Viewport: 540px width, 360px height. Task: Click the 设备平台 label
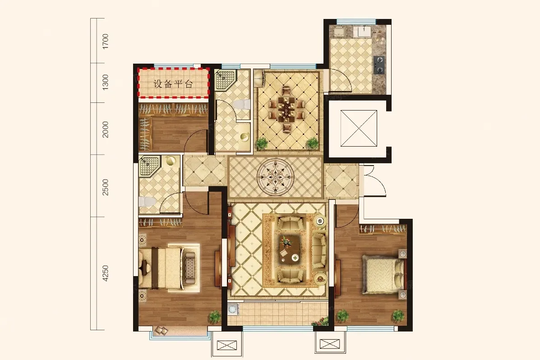point(173,84)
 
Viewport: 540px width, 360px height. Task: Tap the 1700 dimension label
point(106,41)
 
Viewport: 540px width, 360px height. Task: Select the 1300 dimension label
point(106,82)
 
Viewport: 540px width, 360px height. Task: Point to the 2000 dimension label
point(106,129)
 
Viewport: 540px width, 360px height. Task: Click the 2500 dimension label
point(106,187)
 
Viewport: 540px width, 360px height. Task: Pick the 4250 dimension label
point(106,273)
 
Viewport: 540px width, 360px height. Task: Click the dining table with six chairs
point(286,109)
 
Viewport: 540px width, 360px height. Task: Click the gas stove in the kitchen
point(379,65)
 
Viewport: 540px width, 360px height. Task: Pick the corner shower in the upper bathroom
point(225,80)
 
